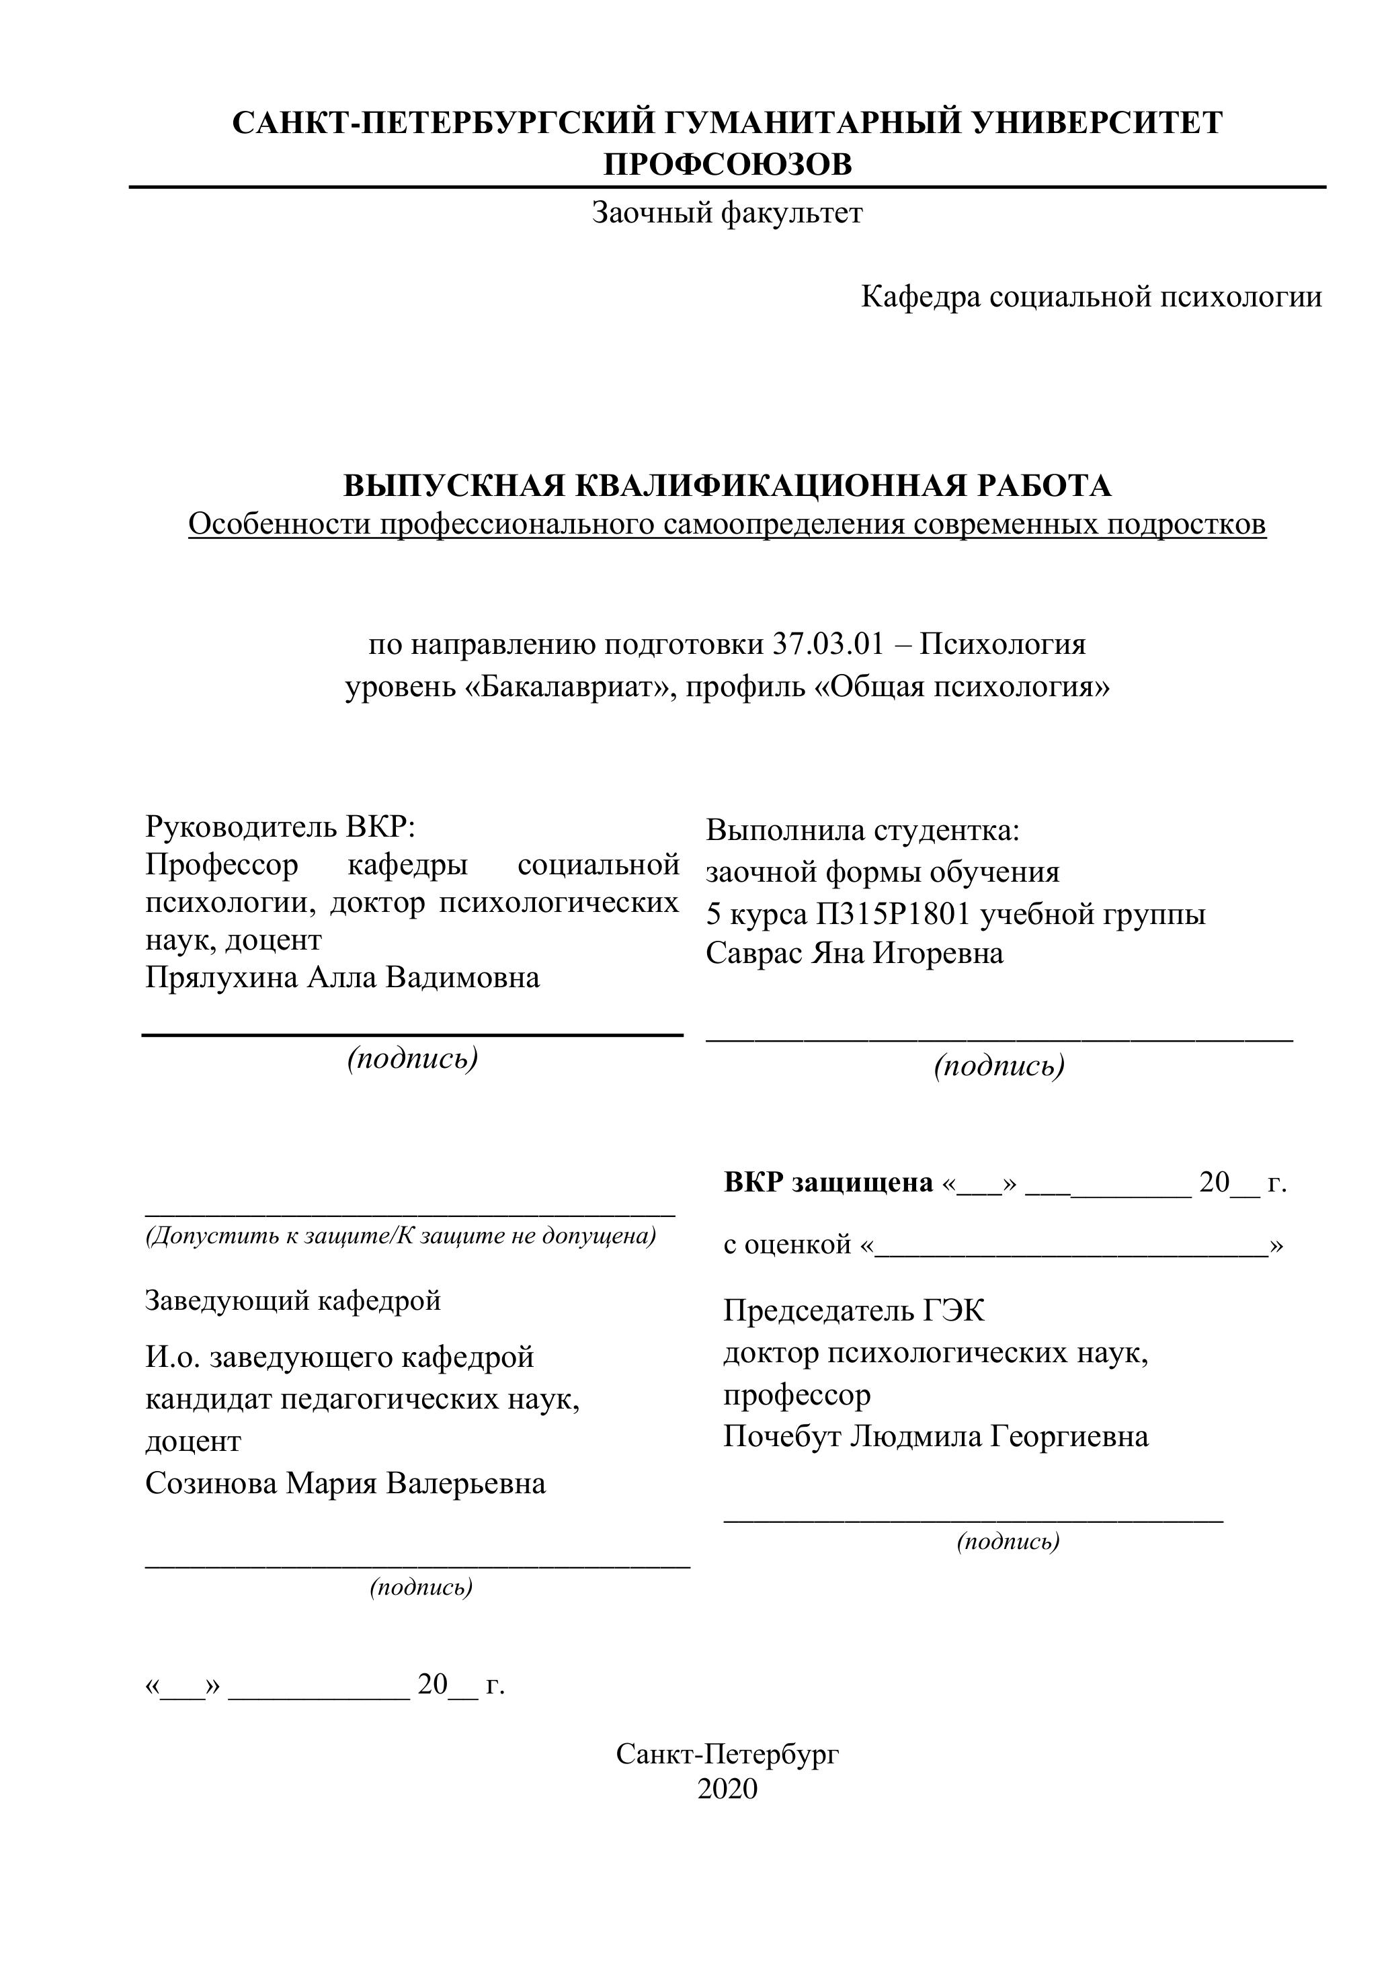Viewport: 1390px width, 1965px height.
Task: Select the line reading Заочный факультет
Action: click(x=727, y=212)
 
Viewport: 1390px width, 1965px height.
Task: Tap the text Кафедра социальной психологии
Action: click(x=1092, y=297)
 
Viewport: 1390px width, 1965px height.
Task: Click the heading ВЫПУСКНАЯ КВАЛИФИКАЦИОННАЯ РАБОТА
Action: click(x=727, y=486)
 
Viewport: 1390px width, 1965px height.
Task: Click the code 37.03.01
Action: click(x=827, y=644)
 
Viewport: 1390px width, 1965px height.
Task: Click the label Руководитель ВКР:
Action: click(x=280, y=827)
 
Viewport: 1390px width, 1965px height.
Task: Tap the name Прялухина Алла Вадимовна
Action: click(x=342, y=977)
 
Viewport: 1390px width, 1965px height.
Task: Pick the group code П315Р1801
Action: click(x=893, y=915)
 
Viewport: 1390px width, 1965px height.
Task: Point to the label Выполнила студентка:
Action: click(x=863, y=830)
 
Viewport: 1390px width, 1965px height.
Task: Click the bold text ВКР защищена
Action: click(x=827, y=1183)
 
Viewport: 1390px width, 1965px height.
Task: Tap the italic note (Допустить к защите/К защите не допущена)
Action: click(x=401, y=1236)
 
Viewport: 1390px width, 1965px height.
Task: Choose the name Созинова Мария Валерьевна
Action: click(x=345, y=1483)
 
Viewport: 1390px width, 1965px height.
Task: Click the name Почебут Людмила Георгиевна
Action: click(x=936, y=1435)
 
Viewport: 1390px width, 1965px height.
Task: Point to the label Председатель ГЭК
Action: click(x=854, y=1310)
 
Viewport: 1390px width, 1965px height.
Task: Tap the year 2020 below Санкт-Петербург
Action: click(x=727, y=1790)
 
